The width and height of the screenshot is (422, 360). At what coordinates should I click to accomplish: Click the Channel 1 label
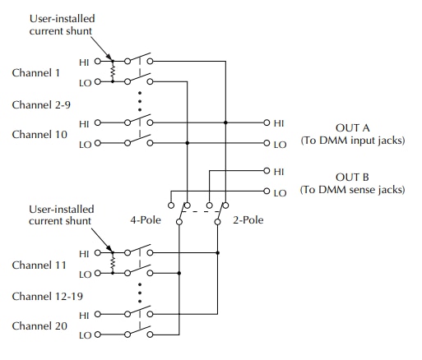coord(35,73)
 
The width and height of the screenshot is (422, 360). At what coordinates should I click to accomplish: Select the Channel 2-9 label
coord(41,104)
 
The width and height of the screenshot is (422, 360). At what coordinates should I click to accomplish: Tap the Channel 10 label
coord(39,134)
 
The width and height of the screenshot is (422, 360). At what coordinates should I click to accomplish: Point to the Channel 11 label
coord(39,265)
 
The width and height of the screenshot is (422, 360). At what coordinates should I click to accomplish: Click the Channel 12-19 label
coord(47,296)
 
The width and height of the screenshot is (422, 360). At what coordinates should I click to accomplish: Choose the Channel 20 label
coord(39,325)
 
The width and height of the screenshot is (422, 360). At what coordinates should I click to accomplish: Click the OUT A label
coord(353,128)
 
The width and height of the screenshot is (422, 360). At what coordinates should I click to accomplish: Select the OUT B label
coord(352,178)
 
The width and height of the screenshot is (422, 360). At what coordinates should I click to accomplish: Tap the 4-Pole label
coord(146,220)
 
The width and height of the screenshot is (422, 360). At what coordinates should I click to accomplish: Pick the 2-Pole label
coord(248,220)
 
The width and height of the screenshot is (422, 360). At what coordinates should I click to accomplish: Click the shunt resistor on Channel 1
coord(113,72)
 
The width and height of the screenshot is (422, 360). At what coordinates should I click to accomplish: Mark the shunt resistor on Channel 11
coord(113,263)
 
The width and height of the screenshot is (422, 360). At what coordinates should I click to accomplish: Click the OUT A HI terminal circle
coord(267,122)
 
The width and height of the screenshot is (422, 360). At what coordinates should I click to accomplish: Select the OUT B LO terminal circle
coord(267,191)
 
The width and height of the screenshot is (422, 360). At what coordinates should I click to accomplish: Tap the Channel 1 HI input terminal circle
coord(98,61)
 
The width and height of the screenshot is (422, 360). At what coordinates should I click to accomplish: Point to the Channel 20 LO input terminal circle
coord(98,335)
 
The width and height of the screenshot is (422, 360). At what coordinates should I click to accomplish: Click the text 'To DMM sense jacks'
coord(353,190)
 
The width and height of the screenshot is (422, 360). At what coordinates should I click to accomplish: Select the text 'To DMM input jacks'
coord(353,141)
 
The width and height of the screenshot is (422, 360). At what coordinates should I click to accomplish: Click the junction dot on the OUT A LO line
coord(188,143)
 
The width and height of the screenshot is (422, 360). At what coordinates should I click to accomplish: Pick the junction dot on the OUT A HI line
coord(225,122)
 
